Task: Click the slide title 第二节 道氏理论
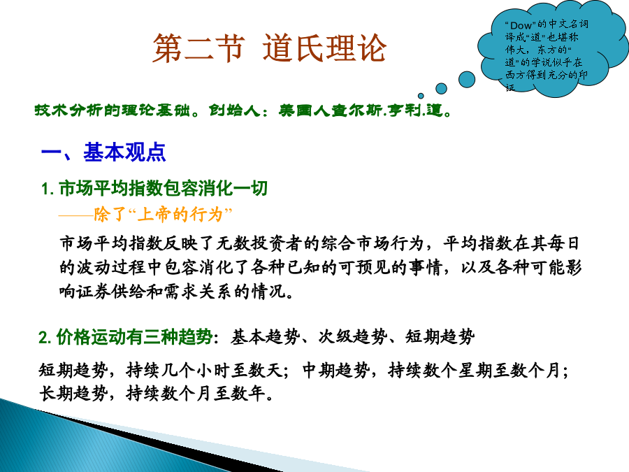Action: point(269,48)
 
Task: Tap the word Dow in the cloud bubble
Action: point(521,25)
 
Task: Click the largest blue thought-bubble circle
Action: point(467,79)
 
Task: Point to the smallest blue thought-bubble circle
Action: point(421,96)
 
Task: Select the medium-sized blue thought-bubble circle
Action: point(441,88)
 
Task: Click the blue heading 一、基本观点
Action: point(103,152)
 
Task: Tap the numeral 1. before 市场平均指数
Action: point(48,189)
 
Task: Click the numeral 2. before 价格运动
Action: point(45,337)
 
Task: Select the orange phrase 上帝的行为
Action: point(180,215)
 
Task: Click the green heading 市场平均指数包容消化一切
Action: point(164,188)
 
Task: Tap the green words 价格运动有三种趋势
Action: point(134,337)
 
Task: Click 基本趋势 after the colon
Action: point(266,337)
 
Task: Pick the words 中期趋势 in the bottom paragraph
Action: point(336,370)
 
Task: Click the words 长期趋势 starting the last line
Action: point(73,393)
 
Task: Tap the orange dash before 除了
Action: point(75,215)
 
